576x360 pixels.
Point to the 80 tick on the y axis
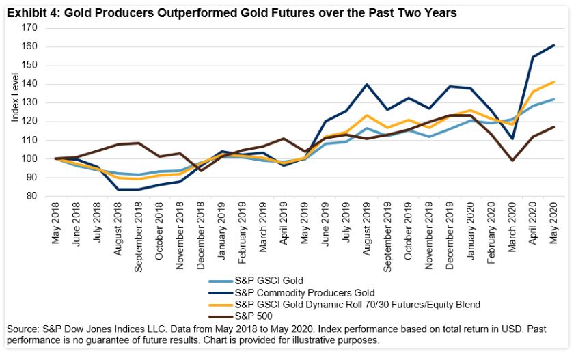click(x=31, y=196)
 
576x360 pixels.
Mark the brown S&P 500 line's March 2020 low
click(x=512, y=161)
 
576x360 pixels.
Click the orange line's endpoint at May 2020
click(x=553, y=82)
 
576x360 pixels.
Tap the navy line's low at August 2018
click(x=119, y=189)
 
